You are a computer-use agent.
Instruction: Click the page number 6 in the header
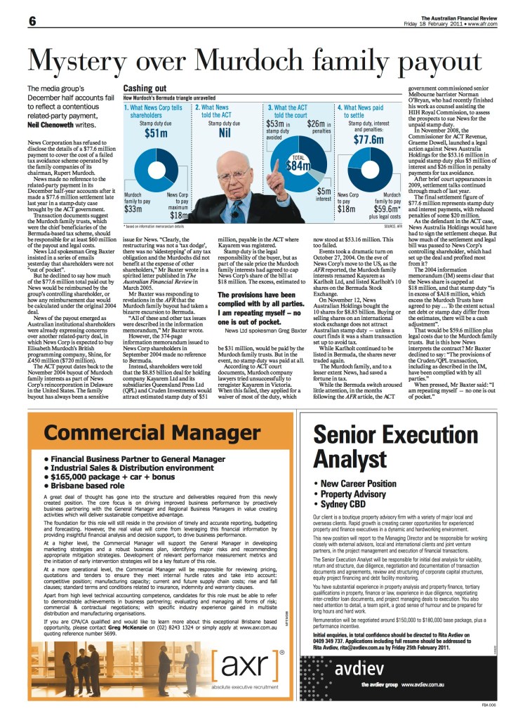click(13, 20)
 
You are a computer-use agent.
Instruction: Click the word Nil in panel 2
click(225, 131)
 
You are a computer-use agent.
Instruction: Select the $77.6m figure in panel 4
click(371, 139)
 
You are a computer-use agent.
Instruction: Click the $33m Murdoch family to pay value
click(134, 208)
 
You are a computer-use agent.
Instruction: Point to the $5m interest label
click(324, 194)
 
